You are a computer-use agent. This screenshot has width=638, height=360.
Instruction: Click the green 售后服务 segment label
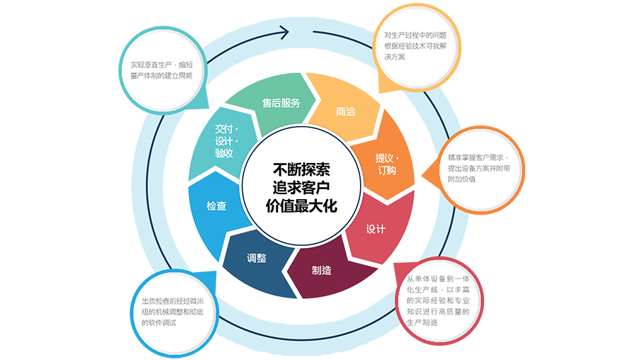pos(281,103)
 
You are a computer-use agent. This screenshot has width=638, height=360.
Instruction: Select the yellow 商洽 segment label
pos(345,111)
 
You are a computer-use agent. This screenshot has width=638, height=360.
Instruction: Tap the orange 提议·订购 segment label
pos(387,164)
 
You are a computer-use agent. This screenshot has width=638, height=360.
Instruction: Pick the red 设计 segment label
pos(375,229)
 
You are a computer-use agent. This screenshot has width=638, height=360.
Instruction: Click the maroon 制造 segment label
pos(321,270)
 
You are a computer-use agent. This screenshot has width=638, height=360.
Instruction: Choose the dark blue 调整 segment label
pos(257,258)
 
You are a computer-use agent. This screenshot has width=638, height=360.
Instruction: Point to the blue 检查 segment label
pos(216,206)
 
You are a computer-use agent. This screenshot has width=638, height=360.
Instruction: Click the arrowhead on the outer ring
pos(284,32)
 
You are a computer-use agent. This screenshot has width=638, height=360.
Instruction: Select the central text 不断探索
pos(301,169)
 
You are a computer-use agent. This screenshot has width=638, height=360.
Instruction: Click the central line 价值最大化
pos(301,206)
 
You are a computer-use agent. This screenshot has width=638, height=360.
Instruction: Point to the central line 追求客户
pos(301,188)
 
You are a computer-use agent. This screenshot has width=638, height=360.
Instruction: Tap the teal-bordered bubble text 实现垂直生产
pos(150,64)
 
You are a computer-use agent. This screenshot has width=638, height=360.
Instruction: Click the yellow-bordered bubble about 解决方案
pos(417,47)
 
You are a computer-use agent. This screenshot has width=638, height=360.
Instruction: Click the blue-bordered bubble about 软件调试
pos(174,313)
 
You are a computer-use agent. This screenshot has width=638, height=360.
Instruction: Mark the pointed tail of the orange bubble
pos(422,177)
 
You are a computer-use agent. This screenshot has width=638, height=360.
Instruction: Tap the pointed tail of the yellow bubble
pos(379,93)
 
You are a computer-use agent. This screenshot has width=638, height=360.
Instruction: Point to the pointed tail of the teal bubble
pos(208,108)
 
